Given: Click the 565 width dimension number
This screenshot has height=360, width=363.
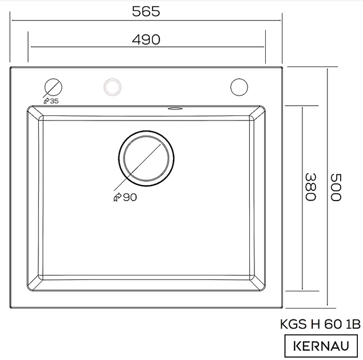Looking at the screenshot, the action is pyautogui.click(x=146, y=11).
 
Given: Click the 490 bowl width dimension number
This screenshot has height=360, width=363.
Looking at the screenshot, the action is pyautogui.click(x=146, y=39).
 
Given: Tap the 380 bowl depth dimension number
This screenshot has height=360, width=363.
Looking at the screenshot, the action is pyautogui.click(x=310, y=187).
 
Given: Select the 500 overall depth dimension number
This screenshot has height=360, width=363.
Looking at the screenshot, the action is pyautogui.click(x=336, y=187).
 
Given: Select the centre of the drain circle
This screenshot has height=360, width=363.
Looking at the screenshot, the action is pyautogui.click(x=146, y=158).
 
